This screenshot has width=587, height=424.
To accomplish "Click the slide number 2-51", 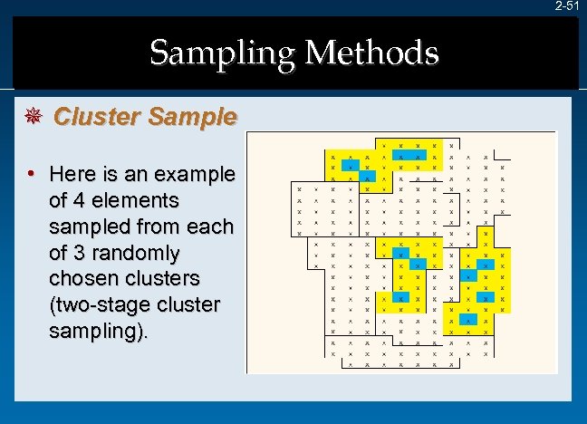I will click(567, 6).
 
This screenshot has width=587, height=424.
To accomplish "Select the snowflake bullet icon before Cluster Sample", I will click(37, 117).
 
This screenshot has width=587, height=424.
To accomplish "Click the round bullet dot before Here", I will click(31, 172).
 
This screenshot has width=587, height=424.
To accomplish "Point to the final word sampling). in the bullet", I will click(98, 331).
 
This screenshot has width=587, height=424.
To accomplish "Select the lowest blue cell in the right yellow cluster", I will click(468, 319).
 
